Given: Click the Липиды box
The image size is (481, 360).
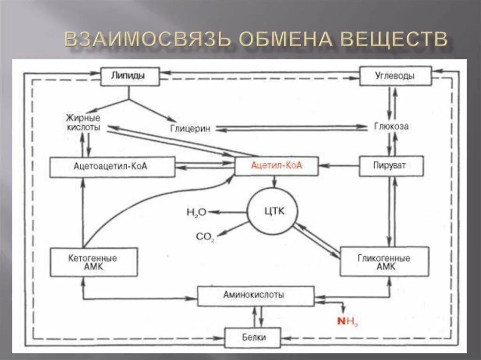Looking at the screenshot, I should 130,76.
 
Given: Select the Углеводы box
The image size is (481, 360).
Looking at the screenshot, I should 395,76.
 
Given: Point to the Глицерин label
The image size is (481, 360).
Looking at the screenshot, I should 190,128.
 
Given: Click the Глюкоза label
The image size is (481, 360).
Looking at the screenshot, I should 391,126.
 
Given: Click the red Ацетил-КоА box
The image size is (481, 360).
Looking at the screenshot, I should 276,166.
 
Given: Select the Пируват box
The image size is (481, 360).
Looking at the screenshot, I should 391,166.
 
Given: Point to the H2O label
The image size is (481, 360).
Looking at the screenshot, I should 196,212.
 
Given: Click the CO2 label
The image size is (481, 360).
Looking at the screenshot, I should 205,237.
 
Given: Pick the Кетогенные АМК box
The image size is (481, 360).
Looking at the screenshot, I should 93,262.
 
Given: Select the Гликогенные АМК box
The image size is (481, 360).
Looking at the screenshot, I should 384,262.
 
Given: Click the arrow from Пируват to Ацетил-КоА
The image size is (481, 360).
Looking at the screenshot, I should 338,166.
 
